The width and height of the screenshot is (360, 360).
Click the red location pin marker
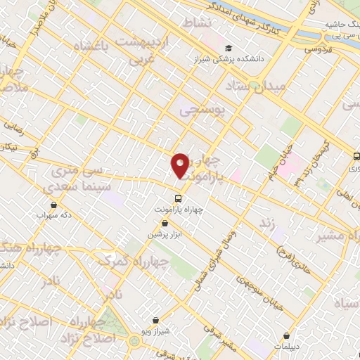pos(180,165)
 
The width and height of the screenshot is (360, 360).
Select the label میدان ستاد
pos(256,86)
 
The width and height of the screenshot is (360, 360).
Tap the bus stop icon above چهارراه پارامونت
pos(178,198)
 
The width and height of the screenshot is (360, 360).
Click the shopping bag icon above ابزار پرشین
pos(165,223)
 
